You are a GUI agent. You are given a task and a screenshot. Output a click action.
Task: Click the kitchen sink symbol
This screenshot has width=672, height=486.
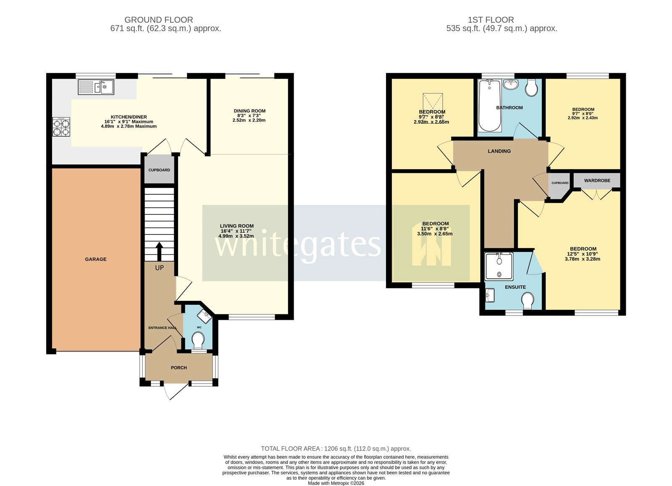pos(96,87)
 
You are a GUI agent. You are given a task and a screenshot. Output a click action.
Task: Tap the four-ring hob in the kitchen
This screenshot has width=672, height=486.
pos(61,127)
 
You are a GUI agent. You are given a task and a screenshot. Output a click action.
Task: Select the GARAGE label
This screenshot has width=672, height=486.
pos(96,259)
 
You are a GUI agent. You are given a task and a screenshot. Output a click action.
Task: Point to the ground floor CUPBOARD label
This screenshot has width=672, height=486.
pos(159,170)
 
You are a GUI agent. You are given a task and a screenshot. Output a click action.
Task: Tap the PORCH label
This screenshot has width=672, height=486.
pos(178,368)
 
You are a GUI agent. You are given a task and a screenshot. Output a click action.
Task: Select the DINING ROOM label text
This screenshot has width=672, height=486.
pos(249,111)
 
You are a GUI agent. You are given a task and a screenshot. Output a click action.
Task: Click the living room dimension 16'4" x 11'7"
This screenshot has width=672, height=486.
pos(236,231)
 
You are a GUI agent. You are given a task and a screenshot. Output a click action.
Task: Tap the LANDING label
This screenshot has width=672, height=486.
pos(499,151)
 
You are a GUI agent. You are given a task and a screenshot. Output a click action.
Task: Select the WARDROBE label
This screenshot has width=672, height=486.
pos(597,180)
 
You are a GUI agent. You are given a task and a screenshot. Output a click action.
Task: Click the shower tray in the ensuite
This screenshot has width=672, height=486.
pos(499,266)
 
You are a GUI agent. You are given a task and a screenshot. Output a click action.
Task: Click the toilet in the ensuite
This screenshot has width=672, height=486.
pos(528,300)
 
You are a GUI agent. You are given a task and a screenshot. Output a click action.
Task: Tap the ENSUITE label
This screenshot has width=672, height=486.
pos(515,287)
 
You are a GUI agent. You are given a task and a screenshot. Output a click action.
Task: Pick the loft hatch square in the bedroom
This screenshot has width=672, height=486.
pos(432,101)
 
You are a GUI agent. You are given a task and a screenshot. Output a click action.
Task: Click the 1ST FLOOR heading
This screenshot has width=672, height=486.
pos(491,20)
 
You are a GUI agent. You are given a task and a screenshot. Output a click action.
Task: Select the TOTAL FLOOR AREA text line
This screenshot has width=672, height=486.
pos(336,449)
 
